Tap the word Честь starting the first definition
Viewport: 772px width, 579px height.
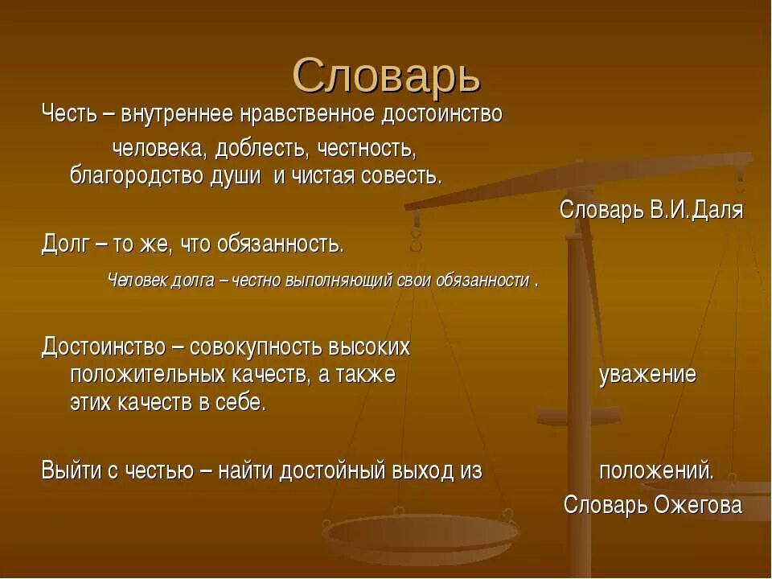point(68,115)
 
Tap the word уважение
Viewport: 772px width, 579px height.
point(647,375)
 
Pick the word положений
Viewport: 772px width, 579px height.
point(655,471)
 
